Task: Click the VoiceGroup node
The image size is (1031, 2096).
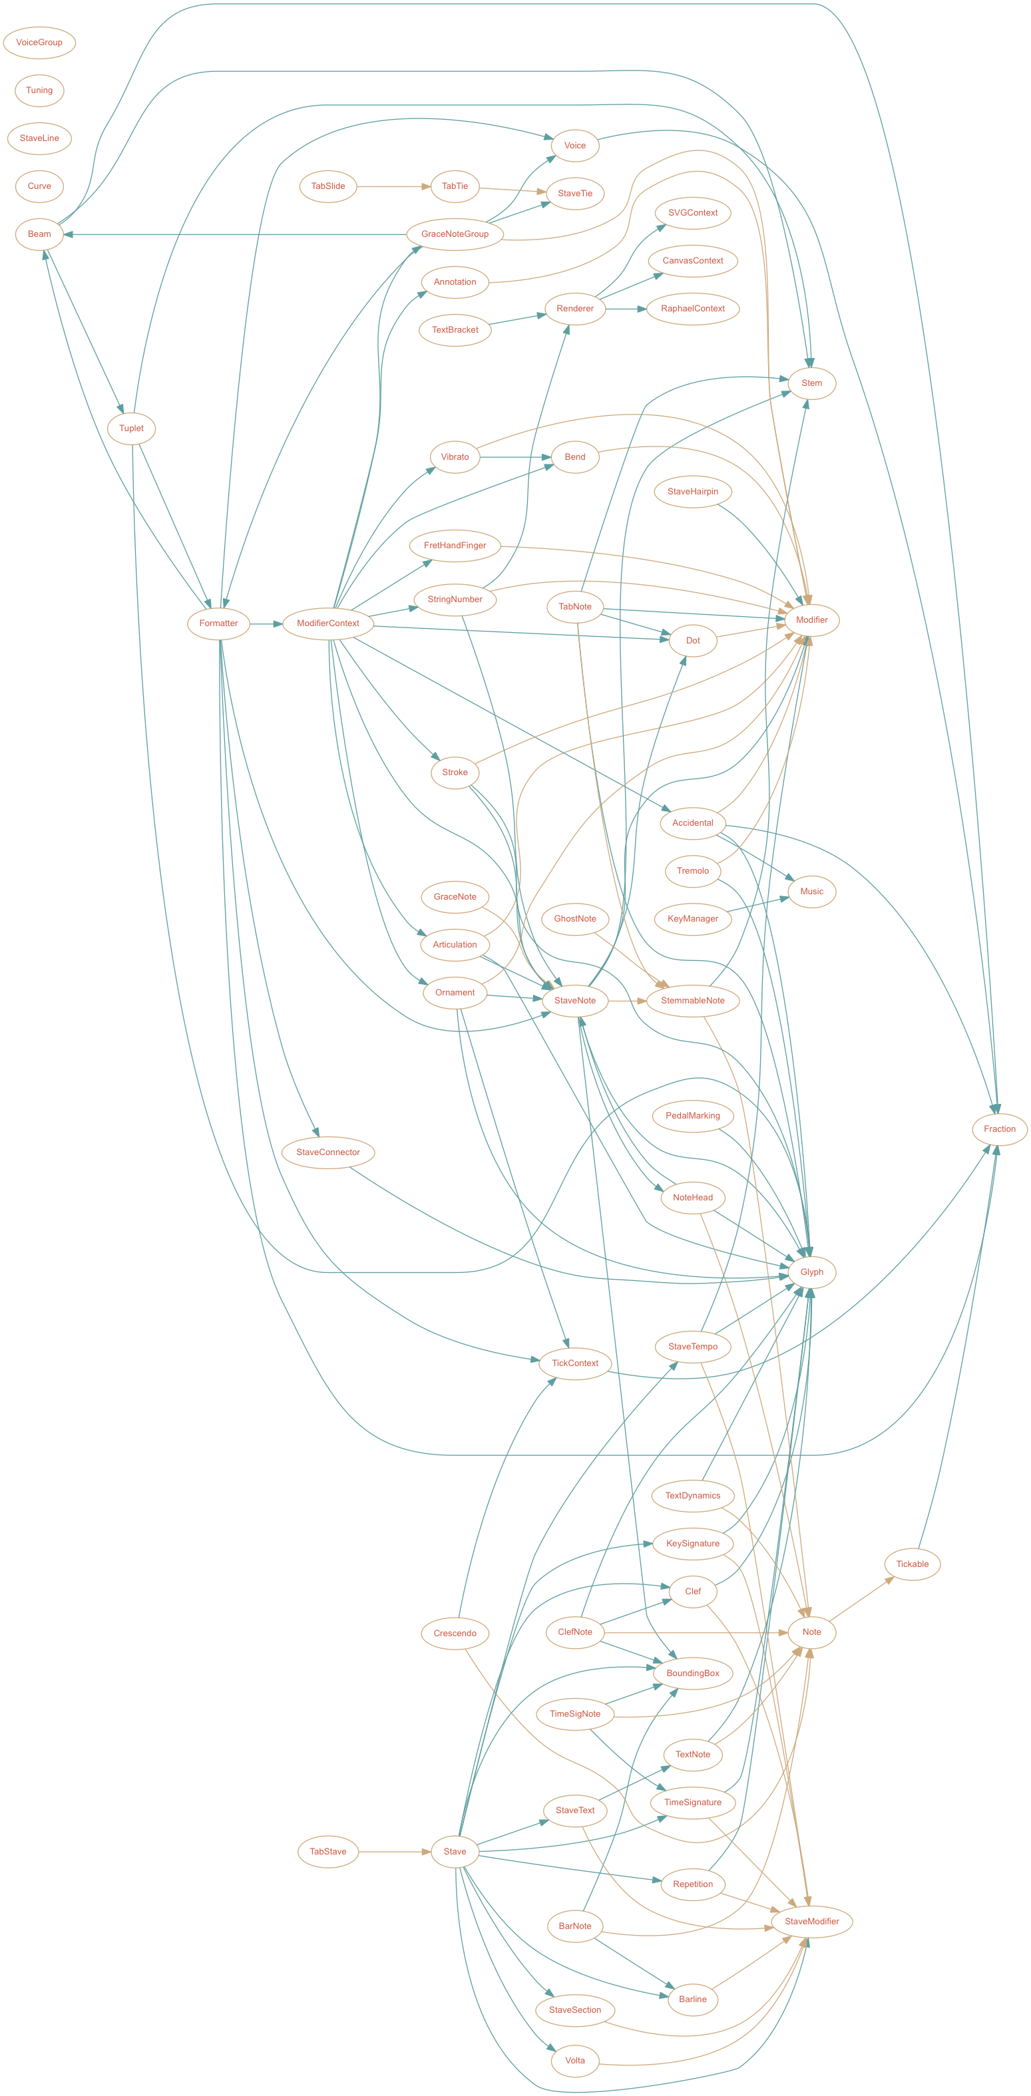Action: [39, 43]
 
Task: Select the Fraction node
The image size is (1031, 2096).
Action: [999, 1129]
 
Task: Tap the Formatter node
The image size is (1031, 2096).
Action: [218, 623]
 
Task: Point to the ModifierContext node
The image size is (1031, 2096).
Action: [328, 623]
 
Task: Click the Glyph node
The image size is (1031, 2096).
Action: [811, 1272]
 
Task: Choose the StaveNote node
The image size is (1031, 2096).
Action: [574, 1001]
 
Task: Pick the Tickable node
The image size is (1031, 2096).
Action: [913, 1564]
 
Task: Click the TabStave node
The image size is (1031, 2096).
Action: [328, 1851]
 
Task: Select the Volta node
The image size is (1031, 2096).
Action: [574, 2060]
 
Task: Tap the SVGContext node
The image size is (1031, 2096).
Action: [692, 213]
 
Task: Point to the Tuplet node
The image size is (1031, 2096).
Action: [131, 429]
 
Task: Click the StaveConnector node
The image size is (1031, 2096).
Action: [328, 1152]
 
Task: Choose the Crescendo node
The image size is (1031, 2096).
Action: [455, 1633]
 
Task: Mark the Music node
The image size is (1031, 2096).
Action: [811, 892]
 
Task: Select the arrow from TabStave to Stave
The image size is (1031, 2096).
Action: [395, 1851]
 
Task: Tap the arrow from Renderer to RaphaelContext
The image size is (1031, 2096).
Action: [626, 309]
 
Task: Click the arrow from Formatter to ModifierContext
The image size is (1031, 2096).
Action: [266, 623]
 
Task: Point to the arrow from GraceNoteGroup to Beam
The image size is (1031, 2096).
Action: [236, 234]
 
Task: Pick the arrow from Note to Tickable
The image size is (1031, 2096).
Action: [861, 1599]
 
